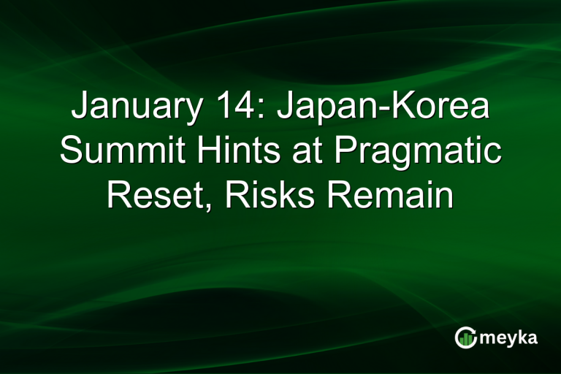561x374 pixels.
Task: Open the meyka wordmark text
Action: [509, 337]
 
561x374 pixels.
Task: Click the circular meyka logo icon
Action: [465, 337]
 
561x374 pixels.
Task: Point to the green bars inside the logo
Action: [466, 340]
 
